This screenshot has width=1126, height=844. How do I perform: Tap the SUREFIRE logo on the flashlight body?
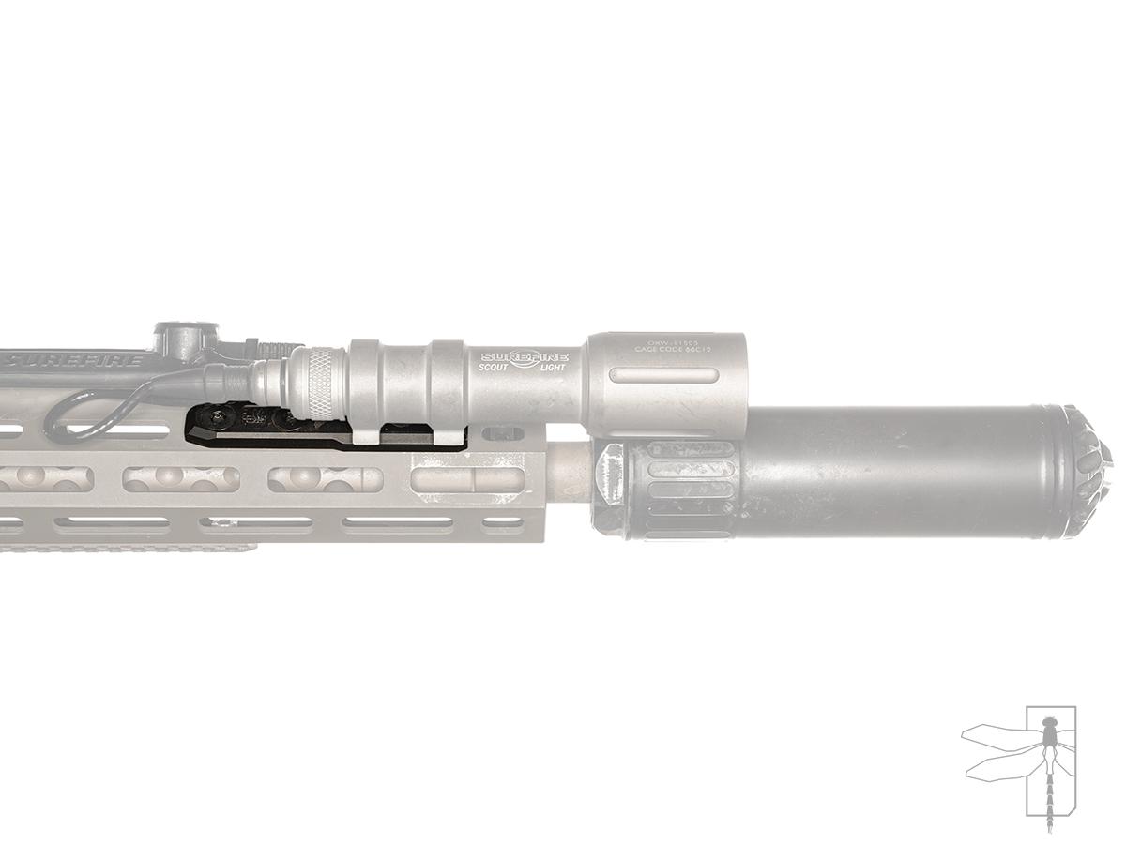[x=525, y=359]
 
